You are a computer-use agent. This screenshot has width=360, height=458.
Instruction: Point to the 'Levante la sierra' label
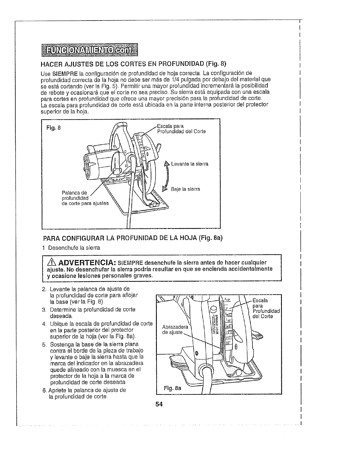tap(190, 164)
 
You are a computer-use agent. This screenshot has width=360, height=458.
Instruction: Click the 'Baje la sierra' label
tap(185, 189)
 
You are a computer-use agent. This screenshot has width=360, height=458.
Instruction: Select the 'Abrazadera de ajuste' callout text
tap(175, 330)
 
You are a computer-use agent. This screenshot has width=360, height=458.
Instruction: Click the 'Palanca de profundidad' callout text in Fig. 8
tap(75, 195)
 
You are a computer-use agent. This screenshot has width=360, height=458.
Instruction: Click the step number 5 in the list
tap(44, 344)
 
